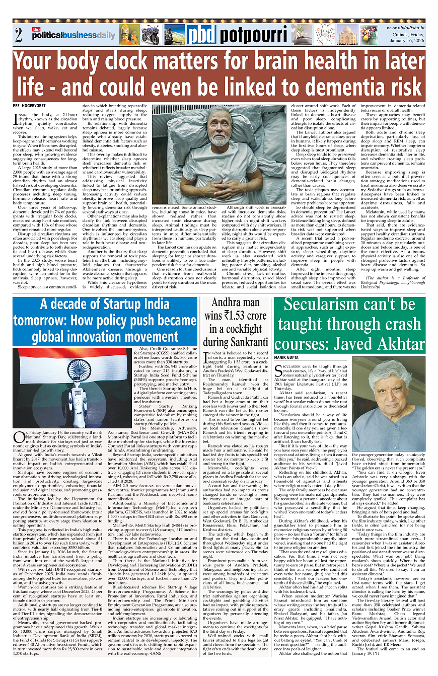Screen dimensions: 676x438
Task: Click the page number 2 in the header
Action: click(18, 35)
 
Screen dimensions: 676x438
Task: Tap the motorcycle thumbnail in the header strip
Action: click(151, 35)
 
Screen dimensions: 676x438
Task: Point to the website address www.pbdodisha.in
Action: click(406, 28)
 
